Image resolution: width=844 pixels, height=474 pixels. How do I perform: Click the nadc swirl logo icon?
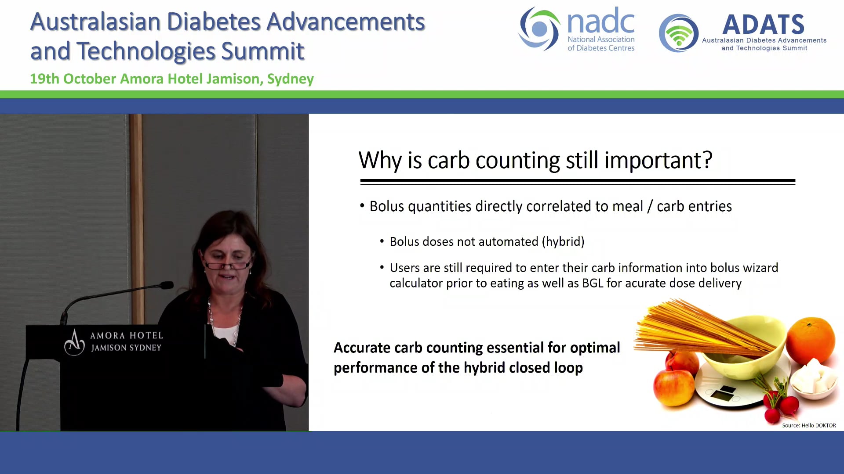539,29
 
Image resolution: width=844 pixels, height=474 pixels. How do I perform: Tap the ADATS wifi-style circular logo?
679,33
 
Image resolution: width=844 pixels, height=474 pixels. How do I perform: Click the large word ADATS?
763,25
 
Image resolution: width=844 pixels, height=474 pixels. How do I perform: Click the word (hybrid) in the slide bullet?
563,242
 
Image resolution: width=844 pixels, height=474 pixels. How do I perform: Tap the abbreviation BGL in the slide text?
593,284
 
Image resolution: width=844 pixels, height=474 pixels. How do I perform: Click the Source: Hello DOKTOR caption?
809,425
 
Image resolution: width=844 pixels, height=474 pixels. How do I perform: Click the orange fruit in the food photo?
810,341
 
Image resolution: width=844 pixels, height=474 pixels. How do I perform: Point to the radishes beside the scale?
781,404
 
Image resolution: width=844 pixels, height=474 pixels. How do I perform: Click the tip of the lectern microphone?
167,285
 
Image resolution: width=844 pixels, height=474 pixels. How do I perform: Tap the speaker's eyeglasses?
227,265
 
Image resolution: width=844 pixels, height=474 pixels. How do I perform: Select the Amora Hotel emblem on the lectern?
74,342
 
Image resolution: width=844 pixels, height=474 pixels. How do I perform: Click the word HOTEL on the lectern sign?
146,336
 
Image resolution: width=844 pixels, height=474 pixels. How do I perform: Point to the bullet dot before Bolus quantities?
362,206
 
